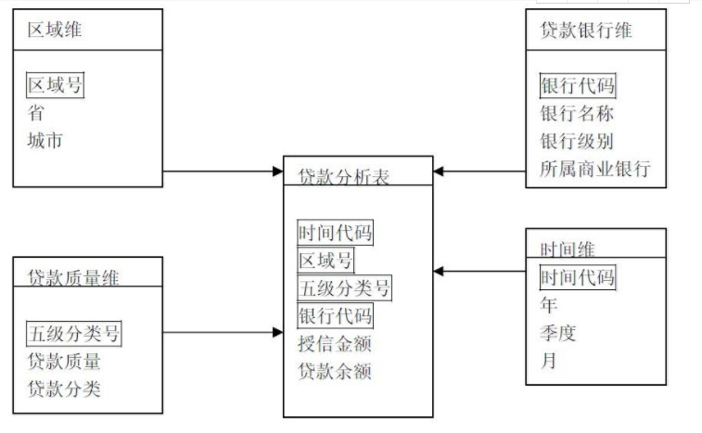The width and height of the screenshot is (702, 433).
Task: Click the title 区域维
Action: click(x=55, y=30)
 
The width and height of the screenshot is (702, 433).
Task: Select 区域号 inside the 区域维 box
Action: click(x=55, y=86)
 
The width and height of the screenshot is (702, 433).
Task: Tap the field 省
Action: click(x=35, y=113)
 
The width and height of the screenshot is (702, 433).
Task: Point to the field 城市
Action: click(x=45, y=141)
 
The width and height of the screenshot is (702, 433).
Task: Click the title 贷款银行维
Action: click(x=586, y=30)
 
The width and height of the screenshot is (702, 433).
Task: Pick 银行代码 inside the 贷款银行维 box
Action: click(x=577, y=86)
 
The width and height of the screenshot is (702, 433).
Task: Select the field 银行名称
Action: click(x=577, y=114)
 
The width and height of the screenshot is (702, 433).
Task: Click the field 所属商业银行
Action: click(x=595, y=170)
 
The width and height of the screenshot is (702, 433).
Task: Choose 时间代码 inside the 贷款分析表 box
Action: click(x=335, y=233)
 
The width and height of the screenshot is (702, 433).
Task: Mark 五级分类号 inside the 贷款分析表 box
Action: click(x=344, y=287)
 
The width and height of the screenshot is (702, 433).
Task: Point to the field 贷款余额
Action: click(x=335, y=372)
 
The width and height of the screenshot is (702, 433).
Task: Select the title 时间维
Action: click(x=567, y=248)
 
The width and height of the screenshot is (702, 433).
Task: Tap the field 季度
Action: click(x=557, y=333)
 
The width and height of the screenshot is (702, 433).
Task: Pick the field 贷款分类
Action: click(x=64, y=388)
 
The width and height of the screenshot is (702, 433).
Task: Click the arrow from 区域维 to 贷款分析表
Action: click(x=223, y=172)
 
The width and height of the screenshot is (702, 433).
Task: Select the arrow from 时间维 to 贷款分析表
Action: click(x=479, y=272)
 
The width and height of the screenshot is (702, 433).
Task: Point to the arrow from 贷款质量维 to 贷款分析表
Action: click(x=223, y=332)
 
